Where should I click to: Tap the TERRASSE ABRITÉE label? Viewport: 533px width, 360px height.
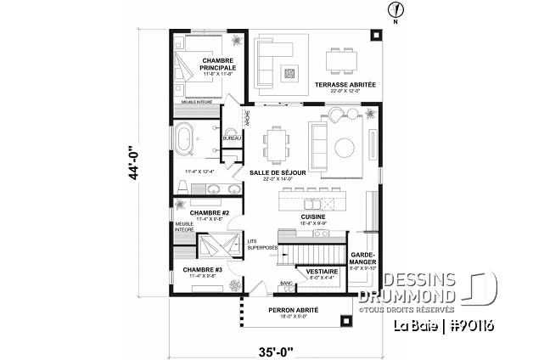[x=345, y=86]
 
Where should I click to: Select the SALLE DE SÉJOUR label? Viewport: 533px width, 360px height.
[x=272, y=172]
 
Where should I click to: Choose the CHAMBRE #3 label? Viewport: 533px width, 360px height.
[x=201, y=269]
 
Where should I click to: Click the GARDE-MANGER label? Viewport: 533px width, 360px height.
[x=362, y=258]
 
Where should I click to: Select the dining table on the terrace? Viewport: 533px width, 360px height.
[x=343, y=59]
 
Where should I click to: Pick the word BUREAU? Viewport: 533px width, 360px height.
[x=231, y=138]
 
